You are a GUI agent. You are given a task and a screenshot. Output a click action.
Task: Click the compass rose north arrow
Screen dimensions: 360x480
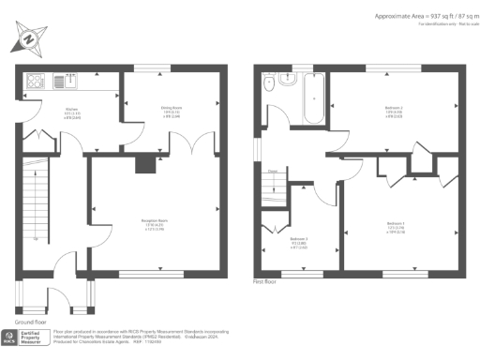(x=27, y=40)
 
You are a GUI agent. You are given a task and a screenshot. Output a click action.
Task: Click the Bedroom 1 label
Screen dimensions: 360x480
(x=394, y=228)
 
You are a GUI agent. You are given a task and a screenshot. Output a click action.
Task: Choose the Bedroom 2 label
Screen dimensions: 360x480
(x=395, y=111)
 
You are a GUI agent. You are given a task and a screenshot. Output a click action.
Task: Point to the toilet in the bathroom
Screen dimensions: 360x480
(x=270, y=83)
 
